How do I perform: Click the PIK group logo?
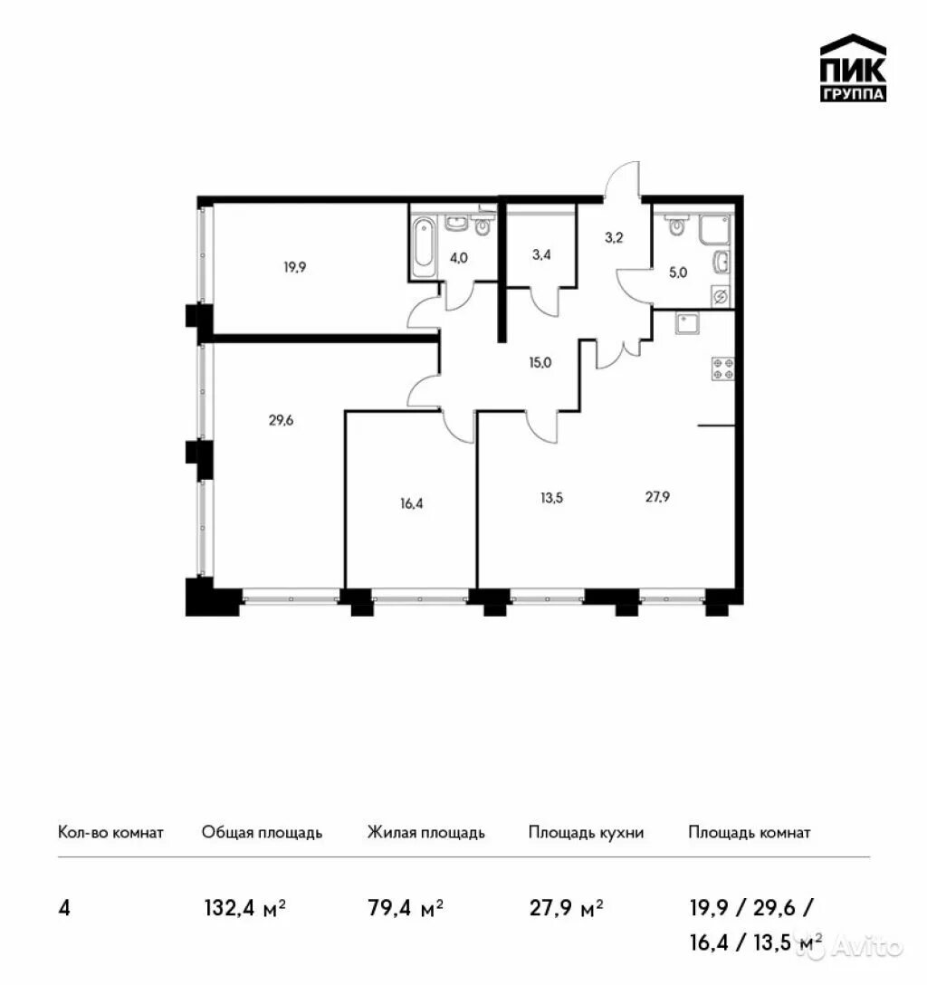pyautogui.click(x=853, y=68)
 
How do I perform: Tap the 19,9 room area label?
pyautogui.click(x=294, y=268)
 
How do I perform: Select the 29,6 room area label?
pyautogui.click(x=281, y=420)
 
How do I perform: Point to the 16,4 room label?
pyautogui.click(x=411, y=503)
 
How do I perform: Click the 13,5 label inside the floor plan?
pyautogui.click(x=551, y=498)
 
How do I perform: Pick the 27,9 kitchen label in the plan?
pyautogui.click(x=657, y=497)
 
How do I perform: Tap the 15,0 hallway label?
pyautogui.click(x=540, y=362)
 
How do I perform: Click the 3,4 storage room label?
pyautogui.click(x=541, y=254)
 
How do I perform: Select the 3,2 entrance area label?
pyautogui.click(x=614, y=237)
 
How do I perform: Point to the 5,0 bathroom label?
pyautogui.click(x=678, y=273)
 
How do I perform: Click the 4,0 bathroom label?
pyautogui.click(x=458, y=257)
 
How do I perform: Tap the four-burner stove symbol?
pyautogui.click(x=723, y=368)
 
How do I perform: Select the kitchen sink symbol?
pyautogui.click(x=688, y=323)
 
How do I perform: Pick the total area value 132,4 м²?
pyautogui.click(x=245, y=908)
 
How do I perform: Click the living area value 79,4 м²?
pyautogui.click(x=406, y=908)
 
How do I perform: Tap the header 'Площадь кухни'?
pyautogui.click(x=586, y=832)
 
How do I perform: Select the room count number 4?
pyautogui.click(x=64, y=908)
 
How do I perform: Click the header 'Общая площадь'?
pyautogui.click(x=262, y=832)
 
